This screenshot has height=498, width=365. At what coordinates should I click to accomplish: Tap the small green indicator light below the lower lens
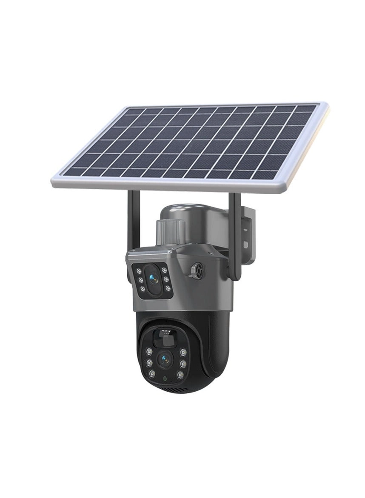click(x=163, y=378)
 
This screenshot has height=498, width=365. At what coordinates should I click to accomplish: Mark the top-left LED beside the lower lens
click(x=149, y=352)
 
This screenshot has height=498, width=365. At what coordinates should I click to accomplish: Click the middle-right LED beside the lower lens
click(x=182, y=363)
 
